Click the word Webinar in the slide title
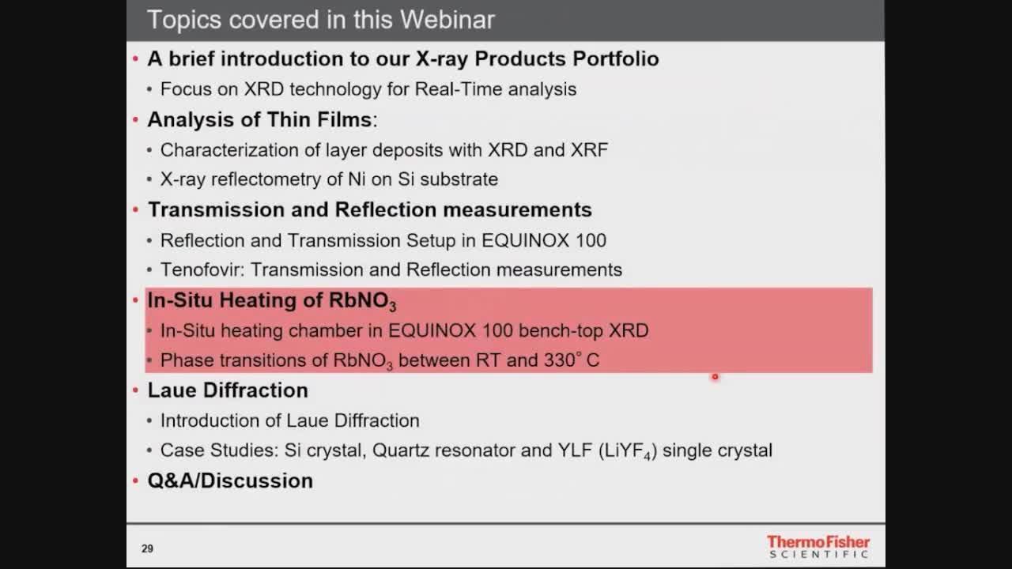pos(447,20)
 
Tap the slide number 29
pos(147,548)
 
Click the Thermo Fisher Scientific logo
pos(818,546)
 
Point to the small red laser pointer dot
pos(715,377)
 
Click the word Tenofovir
pos(202,269)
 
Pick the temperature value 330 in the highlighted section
pos(559,360)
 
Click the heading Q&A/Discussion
pos(230,480)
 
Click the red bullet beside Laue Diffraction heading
pos(135,390)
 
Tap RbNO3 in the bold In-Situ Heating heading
pos(362,301)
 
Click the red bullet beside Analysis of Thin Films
pos(135,119)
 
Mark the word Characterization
pos(229,150)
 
